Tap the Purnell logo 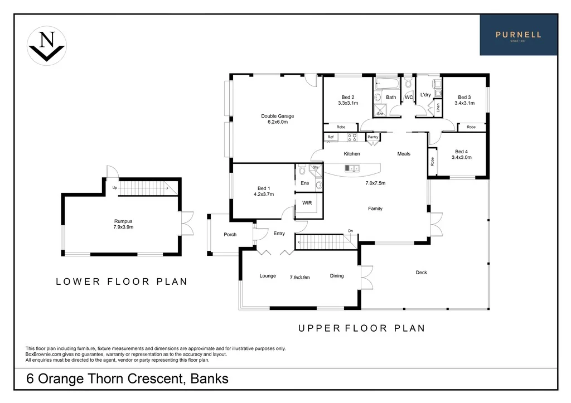(519, 35)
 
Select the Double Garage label (277, 116)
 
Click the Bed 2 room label (348, 97)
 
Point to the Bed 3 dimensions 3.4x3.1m (464, 103)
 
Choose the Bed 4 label (461, 151)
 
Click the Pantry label (372, 137)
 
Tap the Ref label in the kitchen (330, 137)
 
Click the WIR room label (307, 203)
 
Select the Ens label (304, 183)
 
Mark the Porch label (230, 235)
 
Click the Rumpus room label (123, 221)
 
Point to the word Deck (421, 273)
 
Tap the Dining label (337, 276)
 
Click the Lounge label (268, 276)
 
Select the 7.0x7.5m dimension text (375, 183)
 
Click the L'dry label (425, 95)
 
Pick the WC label (409, 98)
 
